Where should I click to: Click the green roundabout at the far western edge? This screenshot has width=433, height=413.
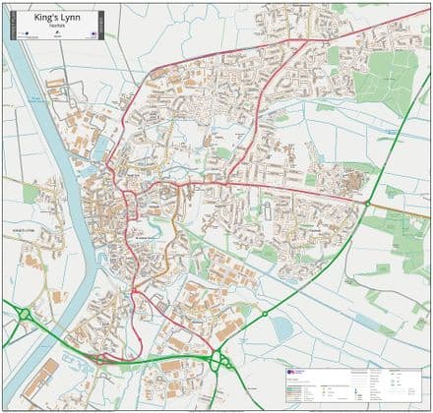click(x=22, y=314)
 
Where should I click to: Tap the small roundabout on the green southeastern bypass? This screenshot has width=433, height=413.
click(x=265, y=314)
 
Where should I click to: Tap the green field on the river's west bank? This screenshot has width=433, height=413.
click(x=31, y=193)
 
